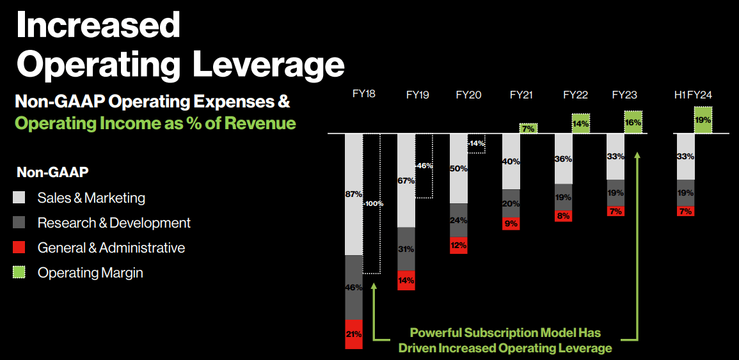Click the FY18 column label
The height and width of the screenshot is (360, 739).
click(x=363, y=94)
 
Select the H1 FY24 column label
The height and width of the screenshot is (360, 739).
click(x=693, y=95)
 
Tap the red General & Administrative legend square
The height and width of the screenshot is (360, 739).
click(x=20, y=248)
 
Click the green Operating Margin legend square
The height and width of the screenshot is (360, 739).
click(x=20, y=273)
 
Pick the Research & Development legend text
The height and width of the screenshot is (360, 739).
click(x=114, y=223)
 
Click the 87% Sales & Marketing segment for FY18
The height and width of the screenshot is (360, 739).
click(x=354, y=194)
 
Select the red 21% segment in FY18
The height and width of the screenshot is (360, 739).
click(x=354, y=334)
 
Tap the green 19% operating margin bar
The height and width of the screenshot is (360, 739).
click(x=703, y=120)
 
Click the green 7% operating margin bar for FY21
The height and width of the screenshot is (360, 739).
click(x=528, y=129)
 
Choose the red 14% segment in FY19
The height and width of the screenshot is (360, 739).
click(x=406, y=280)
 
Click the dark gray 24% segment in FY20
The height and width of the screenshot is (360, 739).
click(x=459, y=221)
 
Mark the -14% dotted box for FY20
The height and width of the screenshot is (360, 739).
click(x=477, y=144)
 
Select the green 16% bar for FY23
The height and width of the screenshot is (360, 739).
click(x=633, y=121)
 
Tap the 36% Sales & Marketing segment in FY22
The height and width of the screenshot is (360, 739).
click(x=563, y=159)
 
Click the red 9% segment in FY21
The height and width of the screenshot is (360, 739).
click(x=511, y=223)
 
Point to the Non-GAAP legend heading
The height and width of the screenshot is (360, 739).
click(x=52, y=171)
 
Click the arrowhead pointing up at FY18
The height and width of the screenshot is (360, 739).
click(x=374, y=286)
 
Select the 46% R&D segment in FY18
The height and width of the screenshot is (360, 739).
click(x=354, y=287)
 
